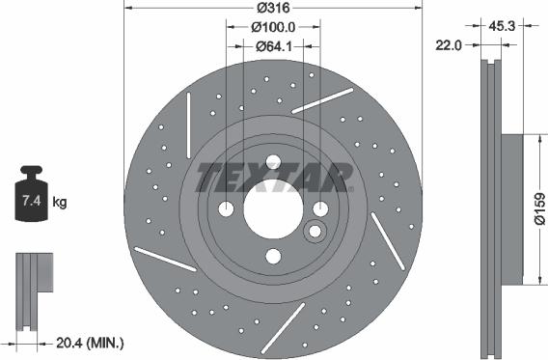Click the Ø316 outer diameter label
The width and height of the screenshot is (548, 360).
(x=273, y=8)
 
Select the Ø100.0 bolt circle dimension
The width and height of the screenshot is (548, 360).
(x=273, y=27)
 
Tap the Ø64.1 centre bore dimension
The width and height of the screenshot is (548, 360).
(x=274, y=46)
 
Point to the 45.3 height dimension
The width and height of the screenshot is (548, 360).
(x=502, y=26)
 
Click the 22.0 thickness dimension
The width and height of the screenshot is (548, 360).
(x=449, y=45)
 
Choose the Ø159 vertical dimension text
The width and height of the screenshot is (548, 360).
(x=539, y=208)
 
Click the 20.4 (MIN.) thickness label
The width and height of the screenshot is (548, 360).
(x=90, y=344)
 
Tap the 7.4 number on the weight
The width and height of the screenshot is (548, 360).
(x=32, y=201)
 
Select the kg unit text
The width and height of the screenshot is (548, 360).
(x=60, y=202)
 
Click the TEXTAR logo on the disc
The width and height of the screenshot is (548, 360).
(x=274, y=178)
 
